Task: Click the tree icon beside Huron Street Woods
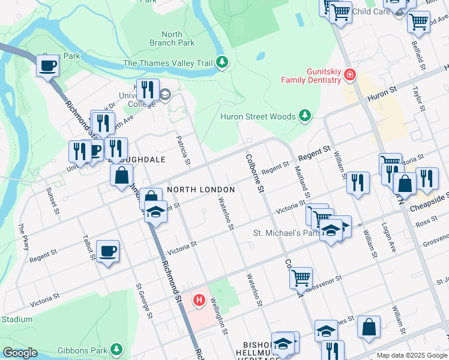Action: pyautogui.click(x=306, y=115)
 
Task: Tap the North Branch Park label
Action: pyautogui.click(x=172, y=38)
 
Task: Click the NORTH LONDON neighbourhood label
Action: pyautogui.click(x=200, y=189)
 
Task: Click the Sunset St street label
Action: pyautogui.click(x=52, y=200)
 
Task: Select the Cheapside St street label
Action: pyautogui.click(x=429, y=202)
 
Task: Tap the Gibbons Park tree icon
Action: pyautogui.click(x=116, y=349)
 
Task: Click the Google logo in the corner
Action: pyautogui.click(x=20, y=353)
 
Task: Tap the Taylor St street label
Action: pyautogui.click(x=418, y=98)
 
